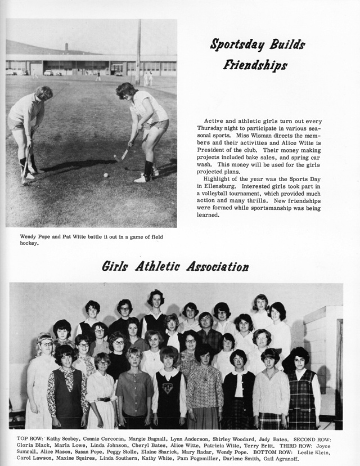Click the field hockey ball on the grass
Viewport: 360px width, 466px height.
click(105, 175)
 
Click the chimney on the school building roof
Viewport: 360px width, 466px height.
click(66, 48)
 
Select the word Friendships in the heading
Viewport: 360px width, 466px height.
click(255, 64)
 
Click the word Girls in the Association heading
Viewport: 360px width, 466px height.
click(115, 266)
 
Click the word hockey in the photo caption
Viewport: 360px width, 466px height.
click(28, 244)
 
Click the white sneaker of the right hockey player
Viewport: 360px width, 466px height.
click(140, 179)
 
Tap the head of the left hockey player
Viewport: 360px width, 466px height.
click(43, 93)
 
